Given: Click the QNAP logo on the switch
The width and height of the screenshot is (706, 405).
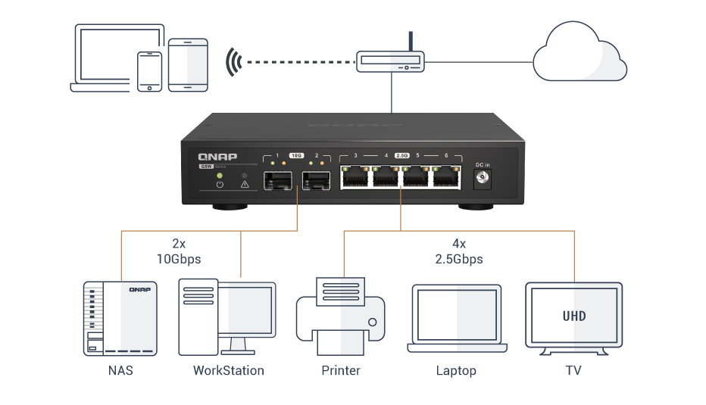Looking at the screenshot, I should [x=212, y=157].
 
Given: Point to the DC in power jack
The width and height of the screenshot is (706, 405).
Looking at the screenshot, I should [x=481, y=179].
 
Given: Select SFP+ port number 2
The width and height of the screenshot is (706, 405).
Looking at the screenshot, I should [x=315, y=181].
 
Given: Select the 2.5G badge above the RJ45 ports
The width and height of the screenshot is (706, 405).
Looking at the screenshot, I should [x=401, y=155].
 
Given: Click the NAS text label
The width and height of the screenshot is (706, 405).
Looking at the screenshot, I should [x=119, y=371].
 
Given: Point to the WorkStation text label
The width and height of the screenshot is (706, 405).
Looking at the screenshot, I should [x=228, y=371].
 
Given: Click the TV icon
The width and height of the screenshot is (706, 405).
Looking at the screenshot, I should [x=573, y=319].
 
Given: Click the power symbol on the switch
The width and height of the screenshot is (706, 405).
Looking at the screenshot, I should [x=219, y=184].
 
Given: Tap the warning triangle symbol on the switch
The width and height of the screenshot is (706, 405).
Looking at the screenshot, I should [x=244, y=184].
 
